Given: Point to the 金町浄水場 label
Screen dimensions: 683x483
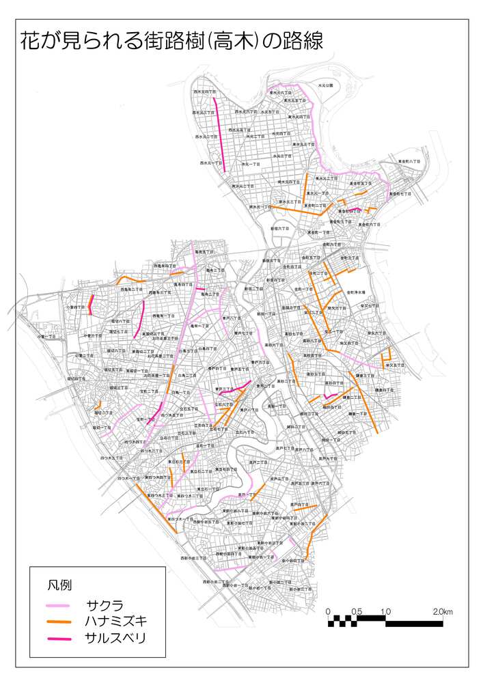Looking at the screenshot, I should (x=357, y=292).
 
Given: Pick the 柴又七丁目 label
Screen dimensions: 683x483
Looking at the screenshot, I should (x=369, y=307).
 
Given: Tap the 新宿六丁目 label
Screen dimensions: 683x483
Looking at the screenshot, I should (x=282, y=228).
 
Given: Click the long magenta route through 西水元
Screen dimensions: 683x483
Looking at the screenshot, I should (x=219, y=133).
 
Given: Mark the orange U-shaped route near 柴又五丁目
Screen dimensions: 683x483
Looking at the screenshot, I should (x=387, y=355).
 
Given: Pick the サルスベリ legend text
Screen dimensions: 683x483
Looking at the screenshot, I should (x=115, y=638).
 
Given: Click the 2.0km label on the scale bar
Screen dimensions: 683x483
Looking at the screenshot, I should (x=442, y=611).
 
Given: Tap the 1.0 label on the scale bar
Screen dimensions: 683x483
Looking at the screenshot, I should (x=385, y=611).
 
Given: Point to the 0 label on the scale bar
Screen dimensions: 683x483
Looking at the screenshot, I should (x=329, y=611).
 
